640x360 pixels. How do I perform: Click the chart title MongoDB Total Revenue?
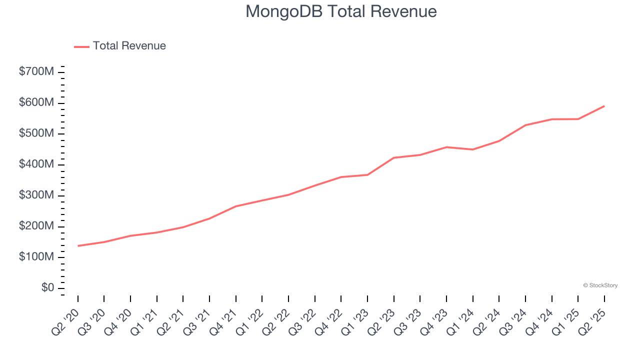pyautogui.click(x=341, y=11)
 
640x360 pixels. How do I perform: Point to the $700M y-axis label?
pyautogui.click(x=36, y=72)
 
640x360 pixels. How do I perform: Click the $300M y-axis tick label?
pyautogui.click(x=36, y=195)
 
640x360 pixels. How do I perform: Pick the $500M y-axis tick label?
pyautogui.click(x=36, y=134)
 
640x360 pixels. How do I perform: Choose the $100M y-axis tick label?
pyautogui.click(x=36, y=257)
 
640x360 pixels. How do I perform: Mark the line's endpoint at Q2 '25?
pyautogui.click(x=604, y=106)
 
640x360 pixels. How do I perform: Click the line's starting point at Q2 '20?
pyautogui.click(x=78, y=245)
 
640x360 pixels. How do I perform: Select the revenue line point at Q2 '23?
pyautogui.click(x=394, y=158)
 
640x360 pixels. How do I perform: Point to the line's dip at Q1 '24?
pyautogui.click(x=472, y=149)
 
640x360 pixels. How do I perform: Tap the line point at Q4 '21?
pyautogui.click(x=236, y=206)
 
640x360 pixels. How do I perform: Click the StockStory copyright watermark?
pyautogui.click(x=600, y=285)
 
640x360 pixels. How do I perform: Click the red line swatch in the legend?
pyautogui.click(x=81, y=46)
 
